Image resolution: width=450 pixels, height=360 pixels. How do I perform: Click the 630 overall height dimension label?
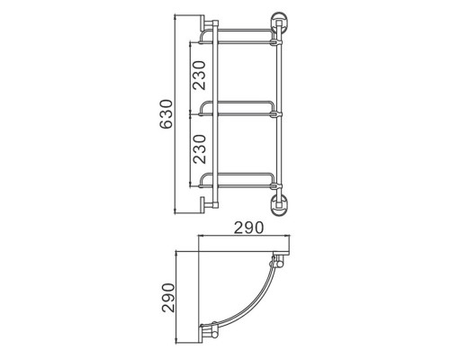tap(166, 114)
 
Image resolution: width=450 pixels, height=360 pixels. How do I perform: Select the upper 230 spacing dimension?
tap(200, 75)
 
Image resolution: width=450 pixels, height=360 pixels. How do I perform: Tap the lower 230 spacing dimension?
tap(200, 148)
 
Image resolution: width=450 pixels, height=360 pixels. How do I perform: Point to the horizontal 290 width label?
tap(248, 228)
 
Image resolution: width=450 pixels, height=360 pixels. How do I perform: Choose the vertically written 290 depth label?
tap(168, 298)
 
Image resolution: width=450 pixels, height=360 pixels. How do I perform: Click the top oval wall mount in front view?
tap(279, 22)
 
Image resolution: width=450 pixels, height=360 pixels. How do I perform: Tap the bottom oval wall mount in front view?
tap(279, 206)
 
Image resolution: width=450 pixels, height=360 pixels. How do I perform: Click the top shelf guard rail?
tap(237, 30)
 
